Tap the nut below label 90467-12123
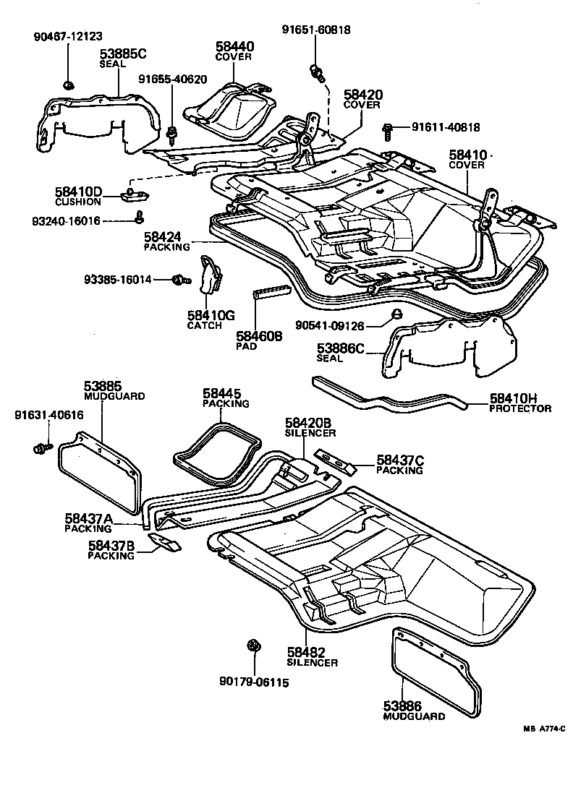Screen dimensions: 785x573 [x=67, y=85]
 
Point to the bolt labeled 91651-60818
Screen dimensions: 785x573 [x=315, y=72]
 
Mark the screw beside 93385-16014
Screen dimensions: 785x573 [x=179, y=279]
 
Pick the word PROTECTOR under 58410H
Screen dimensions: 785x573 [x=520, y=408]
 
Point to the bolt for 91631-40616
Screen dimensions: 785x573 [x=39, y=449]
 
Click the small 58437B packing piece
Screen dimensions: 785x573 [x=166, y=542]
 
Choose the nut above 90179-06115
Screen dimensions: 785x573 [x=253, y=645]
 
